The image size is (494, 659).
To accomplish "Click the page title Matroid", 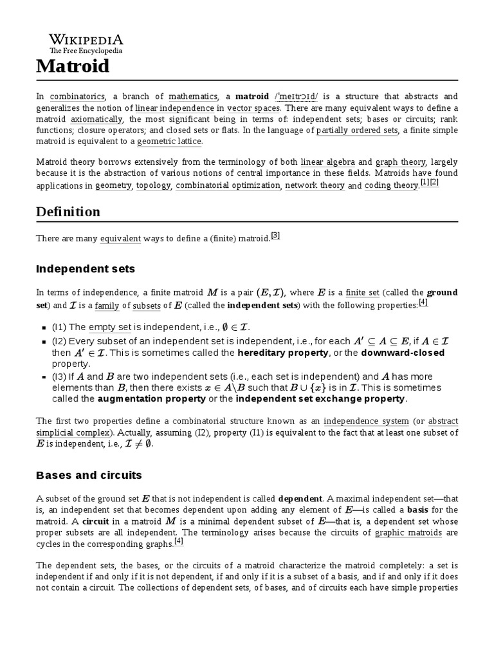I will (73, 66).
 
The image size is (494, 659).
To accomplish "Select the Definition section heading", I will (68, 212).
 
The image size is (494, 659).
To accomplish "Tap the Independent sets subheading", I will (86, 268).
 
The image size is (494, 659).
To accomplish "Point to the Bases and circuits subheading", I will (89, 475).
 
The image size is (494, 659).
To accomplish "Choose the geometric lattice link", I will (169, 142).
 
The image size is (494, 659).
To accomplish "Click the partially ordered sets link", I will (357, 130).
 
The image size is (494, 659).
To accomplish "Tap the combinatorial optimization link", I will (228, 186).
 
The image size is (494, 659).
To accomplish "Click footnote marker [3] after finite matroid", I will (275, 236).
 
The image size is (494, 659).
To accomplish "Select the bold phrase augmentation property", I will (153, 399).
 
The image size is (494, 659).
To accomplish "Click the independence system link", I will (366, 421).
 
